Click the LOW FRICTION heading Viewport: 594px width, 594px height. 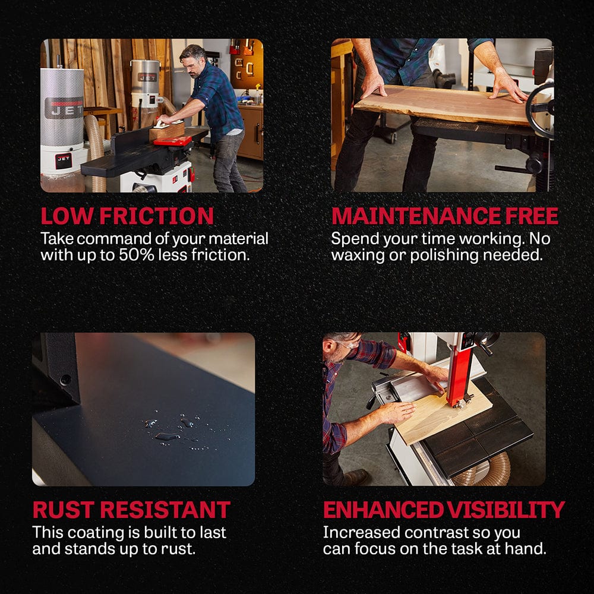127,216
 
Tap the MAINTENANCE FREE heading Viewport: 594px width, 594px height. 445,216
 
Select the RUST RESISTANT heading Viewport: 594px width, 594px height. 131,510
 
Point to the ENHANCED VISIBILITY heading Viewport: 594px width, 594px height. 444,510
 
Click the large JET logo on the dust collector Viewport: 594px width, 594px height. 64,108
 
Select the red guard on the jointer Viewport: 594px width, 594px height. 172,141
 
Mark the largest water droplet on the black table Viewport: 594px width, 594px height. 167,437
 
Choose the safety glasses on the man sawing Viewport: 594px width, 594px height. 347,345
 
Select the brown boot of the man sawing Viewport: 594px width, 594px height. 356,478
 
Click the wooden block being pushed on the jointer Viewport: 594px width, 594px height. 167,131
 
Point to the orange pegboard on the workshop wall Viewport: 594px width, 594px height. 247,64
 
